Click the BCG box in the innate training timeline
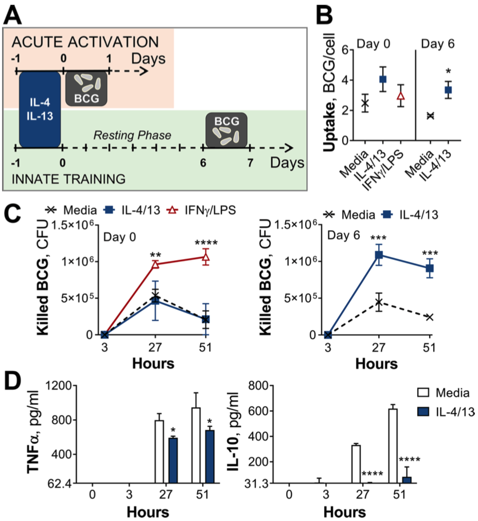tap(226, 129)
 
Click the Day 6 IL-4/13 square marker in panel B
tap(448, 90)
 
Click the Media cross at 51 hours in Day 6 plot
tap(429, 317)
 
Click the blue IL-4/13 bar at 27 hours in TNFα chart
tap(174, 460)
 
